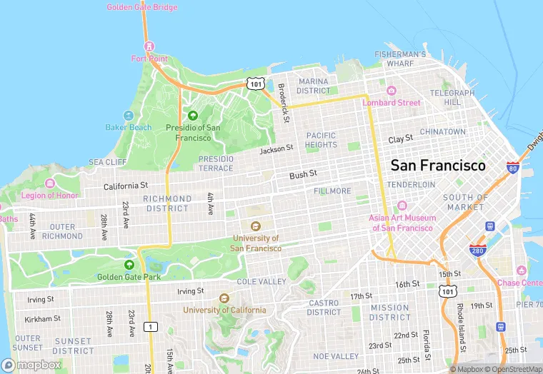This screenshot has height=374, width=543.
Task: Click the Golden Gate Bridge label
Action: click(x=142, y=7)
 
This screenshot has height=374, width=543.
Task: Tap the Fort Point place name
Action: click(x=149, y=59)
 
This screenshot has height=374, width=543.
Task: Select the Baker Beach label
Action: click(x=129, y=127)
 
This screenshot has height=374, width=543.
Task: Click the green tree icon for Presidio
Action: click(x=192, y=116)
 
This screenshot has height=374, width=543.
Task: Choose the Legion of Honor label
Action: click(x=49, y=196)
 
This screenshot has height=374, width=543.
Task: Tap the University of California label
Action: click(x=224, y=310)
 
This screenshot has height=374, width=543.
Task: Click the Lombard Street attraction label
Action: click(x=392, y=102)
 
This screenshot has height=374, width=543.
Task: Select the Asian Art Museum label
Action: click(x=401, y=223)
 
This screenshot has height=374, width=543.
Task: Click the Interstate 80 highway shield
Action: click(x=512, y=167)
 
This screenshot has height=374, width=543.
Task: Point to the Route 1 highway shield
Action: click(x=151, y=326)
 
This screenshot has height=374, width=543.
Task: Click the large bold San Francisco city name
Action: click(x=438, y=166)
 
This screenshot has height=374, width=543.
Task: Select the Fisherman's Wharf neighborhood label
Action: click(x=401, y=59)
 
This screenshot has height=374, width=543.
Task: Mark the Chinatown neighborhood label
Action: click(x=442, y=132)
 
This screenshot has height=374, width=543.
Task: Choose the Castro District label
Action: click(x=324, y=308)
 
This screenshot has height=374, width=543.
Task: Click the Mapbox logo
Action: click(x=30, y=365)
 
